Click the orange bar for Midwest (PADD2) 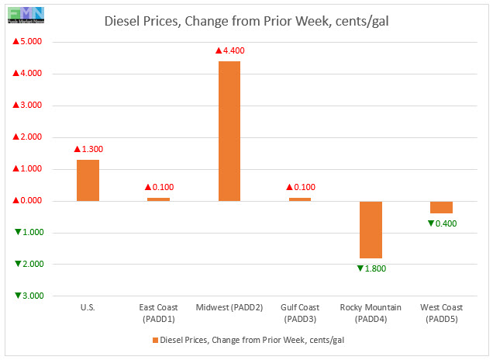click(229, 130)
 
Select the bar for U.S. click(88, 180)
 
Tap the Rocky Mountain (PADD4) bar click(371, 229)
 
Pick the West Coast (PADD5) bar click(441, 207)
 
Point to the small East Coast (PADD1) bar click(158, 199)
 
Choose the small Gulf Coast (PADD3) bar click(300, 199)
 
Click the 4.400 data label click(230, 50)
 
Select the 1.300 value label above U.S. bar click(88, 149)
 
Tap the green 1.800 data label click(371, 268)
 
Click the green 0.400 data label click(441, 223)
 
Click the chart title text click(246, 20)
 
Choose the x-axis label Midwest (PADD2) click(229, 309)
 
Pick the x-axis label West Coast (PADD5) click(441, 313)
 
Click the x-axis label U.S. click(88, 309)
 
